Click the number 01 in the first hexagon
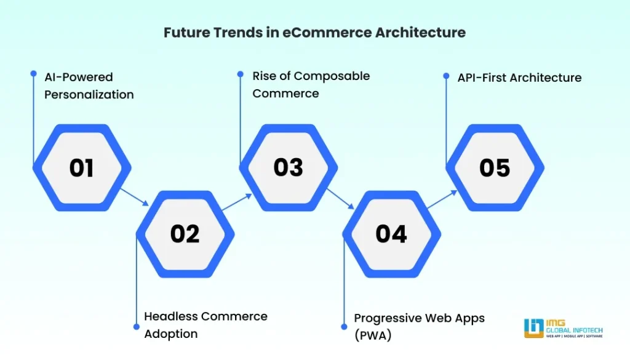point(81,167)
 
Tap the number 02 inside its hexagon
point(185,234)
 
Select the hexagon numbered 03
point(288,167)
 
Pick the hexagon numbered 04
point(391,234)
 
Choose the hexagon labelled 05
point(495,167)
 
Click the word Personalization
point(89,95)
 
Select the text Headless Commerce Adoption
point(205,325)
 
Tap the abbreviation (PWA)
point(373,335)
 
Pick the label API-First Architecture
point(519,78)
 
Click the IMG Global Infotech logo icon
point(533,327)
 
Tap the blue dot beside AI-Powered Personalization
point(34,73)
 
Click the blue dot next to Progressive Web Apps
point(344,326)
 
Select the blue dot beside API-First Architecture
point(447,76)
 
